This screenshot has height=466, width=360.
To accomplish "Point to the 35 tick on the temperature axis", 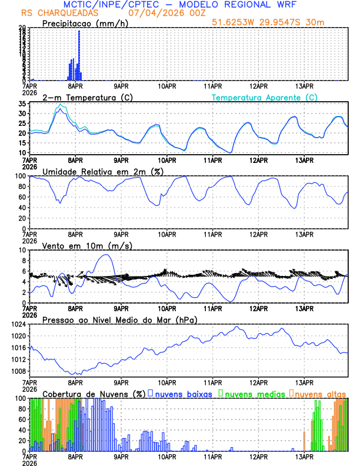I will tap(22, 104).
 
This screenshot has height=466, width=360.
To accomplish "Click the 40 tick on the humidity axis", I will tap(22, 207).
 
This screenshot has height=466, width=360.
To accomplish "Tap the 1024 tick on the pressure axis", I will tap(19, 324).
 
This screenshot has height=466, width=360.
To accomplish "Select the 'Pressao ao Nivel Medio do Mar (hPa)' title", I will tap(119, 319).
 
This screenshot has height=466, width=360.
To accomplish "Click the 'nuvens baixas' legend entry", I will tap(183, 393).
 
